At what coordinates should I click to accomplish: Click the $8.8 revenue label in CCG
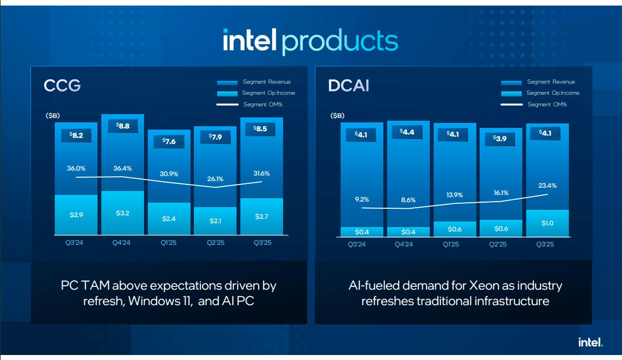122,126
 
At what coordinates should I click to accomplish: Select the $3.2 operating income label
123,213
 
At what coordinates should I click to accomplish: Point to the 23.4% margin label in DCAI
547,186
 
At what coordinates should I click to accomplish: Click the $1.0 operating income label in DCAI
547,223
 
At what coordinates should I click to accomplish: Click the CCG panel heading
63,86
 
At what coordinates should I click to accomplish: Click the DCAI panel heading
348,86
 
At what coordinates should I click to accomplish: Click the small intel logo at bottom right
590,342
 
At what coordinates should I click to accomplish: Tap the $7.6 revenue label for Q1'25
169,141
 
